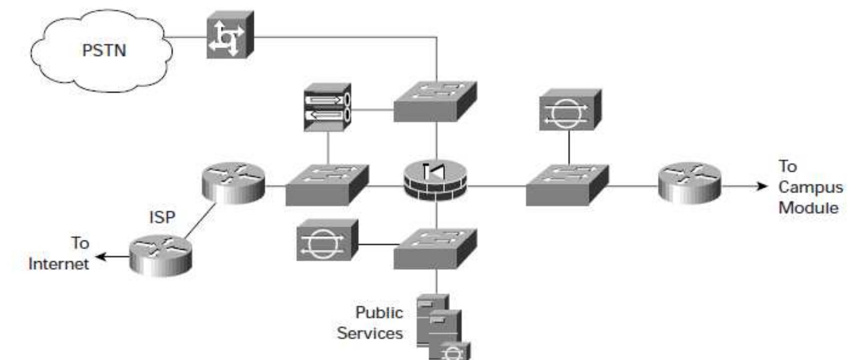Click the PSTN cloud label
click(104, 50)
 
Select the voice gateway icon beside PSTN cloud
click(229, 36)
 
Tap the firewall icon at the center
click(435, 180)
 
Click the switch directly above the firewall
click(435, 102)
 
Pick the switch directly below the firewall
click(435, 249)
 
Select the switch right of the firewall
click(567, 185)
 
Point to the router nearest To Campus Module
click(689, 182)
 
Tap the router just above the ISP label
click(233, 182)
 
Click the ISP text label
click(162, 217)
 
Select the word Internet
click(59, 264)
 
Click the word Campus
click(810, 187)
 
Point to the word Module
click(808, 208)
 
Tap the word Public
click(379, 312)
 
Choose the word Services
click(370, 333)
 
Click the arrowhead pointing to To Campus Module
click(762, 186)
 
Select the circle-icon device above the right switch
click(569, 110)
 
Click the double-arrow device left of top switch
click(327, 107)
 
